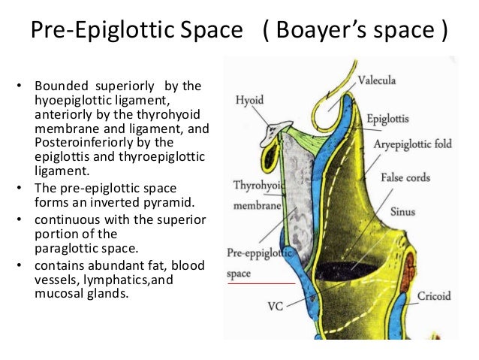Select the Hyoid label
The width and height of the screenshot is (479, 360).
249,98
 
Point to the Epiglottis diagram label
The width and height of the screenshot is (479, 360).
388,119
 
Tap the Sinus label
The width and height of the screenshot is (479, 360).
403,212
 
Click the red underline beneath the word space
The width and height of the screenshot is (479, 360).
262,283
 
